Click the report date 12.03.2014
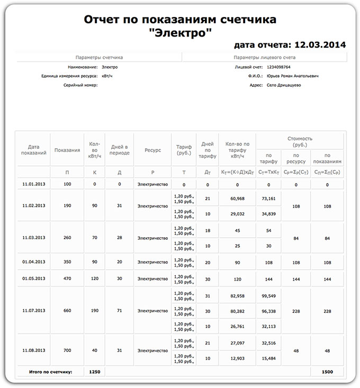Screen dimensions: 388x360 click(x=320, y=45)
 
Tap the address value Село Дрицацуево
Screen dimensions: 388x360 click(x=284, y=85)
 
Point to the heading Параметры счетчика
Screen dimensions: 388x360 click(x=100, y=57)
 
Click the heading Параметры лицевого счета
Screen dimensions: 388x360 click(x=264, y=57)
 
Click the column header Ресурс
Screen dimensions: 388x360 click(x=152, y=150)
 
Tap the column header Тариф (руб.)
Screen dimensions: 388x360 click(x=184, y=150)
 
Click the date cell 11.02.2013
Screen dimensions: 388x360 click(x=34, y=205)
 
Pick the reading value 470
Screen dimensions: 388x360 click(x=67, y=278)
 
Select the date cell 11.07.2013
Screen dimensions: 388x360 click(x=34, y=310)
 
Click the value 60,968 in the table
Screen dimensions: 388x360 click(x=237, y=198)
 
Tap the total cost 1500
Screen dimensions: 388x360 click(x=327, y=372)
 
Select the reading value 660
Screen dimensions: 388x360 click(x=67, y=310)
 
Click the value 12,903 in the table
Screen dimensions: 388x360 click(x=237, y=359)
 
